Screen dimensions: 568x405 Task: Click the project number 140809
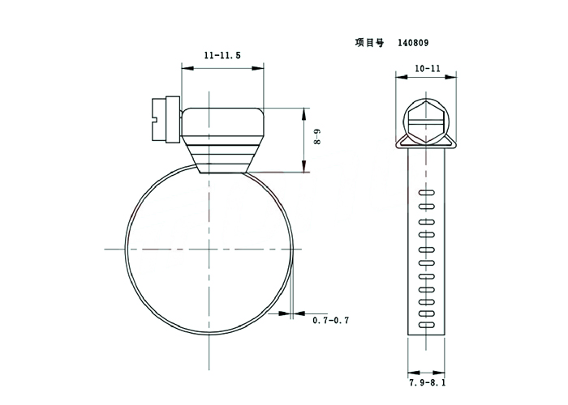point(413,43)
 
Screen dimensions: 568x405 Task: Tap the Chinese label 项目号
point(369,43)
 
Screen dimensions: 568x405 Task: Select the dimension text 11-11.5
point(222,55)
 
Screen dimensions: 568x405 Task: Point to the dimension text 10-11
point(428,69)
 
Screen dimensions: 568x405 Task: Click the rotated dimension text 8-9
point(317,137)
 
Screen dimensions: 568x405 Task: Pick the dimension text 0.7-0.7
point(331,320)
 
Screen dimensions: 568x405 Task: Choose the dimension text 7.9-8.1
point(428,382)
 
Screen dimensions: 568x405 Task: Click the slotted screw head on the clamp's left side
point(166,119)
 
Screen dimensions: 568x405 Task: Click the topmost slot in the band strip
point(426,193)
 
